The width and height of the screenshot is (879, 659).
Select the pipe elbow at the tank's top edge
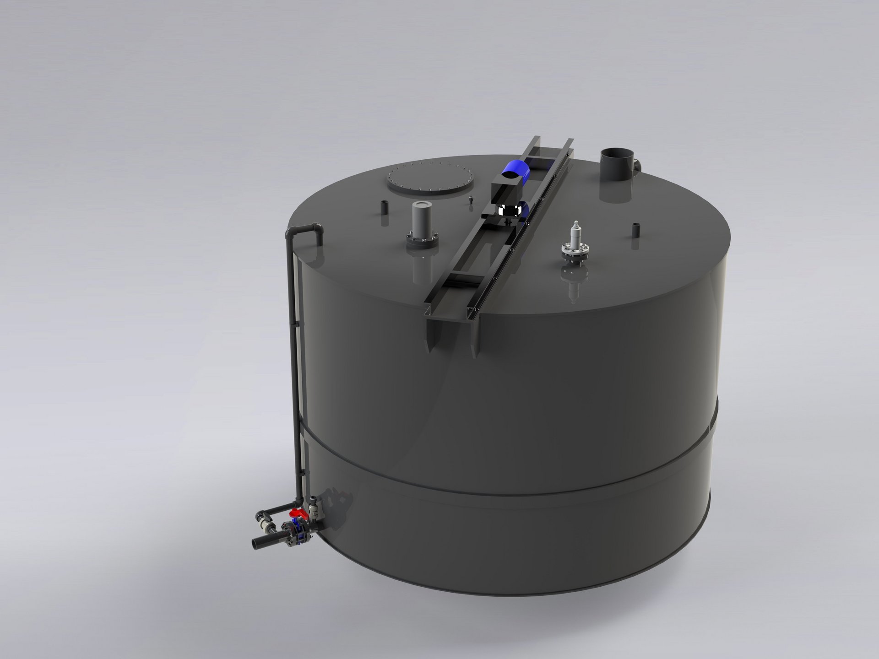[x=316, y=233]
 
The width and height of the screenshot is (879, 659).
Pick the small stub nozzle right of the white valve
[x=635, y=230]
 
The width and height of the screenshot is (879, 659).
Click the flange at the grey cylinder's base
[x=422, y=241]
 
